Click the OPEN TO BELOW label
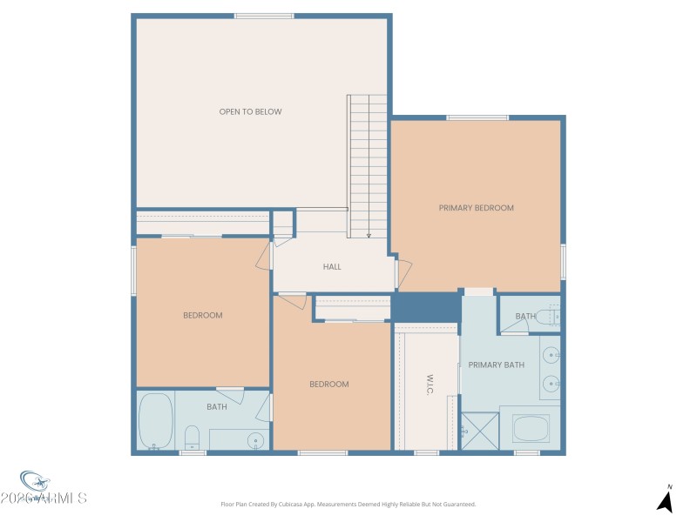tap(250, 111)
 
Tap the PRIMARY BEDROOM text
tap(476, 208)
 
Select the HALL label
tap(332, 266)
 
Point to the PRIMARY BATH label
tap(496, 365)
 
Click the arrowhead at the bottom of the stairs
tap(369, 234)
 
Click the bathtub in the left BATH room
tap(155, 421)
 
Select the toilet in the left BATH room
tap(193, 436)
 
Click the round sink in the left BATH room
tap(255, 438)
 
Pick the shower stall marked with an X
tap(477, 430)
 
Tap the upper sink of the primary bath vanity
tap(551, 355)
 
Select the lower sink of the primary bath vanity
tap(551, 384)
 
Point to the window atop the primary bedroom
tap(477, 117)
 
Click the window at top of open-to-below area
tap(264, 16)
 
